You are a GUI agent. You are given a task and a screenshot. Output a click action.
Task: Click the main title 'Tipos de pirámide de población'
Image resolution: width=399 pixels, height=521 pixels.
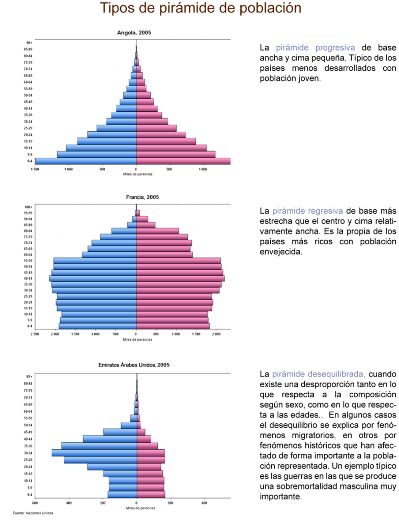point(200,9)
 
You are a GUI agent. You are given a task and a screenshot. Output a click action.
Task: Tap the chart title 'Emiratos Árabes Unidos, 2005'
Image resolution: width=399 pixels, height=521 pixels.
point(134,365)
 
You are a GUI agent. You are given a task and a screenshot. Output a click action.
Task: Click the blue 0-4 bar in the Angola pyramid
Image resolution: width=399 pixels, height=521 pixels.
point(85,161)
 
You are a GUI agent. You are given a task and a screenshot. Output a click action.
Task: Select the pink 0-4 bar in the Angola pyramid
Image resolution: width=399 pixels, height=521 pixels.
point(183,161)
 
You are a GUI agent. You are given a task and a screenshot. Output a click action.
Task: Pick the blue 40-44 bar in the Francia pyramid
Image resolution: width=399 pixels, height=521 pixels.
point(93,278)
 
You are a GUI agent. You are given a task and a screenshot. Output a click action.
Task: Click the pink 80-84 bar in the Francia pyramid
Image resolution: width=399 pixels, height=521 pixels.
point(157,230)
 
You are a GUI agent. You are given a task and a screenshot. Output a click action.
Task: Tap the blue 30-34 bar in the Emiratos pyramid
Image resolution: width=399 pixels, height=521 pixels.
point(94,452)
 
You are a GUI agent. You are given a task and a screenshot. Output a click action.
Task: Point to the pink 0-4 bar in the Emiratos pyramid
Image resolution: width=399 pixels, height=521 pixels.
point(151,494)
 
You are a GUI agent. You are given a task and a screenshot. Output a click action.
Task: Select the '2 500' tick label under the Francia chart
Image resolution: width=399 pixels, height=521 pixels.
point(35,334)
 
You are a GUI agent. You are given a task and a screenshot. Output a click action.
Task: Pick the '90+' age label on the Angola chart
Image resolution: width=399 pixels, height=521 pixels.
point(30,43)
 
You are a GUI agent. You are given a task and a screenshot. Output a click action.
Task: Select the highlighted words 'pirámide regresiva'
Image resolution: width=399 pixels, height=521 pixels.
point(307,211)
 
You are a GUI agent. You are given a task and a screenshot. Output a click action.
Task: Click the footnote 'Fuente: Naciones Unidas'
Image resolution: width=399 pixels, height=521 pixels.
point(33,513)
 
